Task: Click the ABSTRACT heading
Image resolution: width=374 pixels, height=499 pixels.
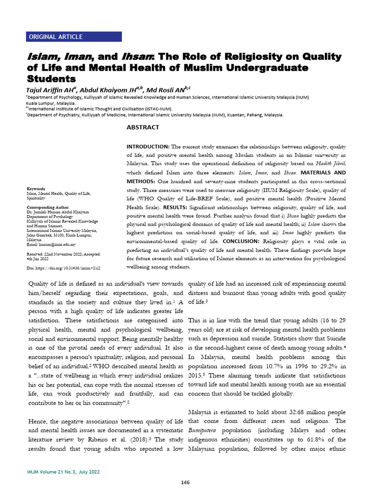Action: (x=143, y=128)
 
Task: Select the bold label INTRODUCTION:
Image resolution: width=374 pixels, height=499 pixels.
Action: (x=148, y=146)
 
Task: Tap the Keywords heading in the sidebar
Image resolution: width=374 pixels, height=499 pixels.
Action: (x=36, y=189)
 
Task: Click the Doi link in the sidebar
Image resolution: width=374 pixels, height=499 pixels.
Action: (x=66, y=268)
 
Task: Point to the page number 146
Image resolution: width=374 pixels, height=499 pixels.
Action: (x=185, y=482)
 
